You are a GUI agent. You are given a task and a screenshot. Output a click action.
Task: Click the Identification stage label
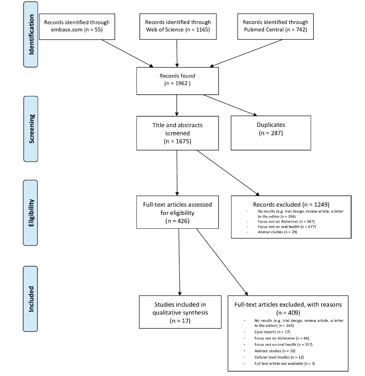pyautogui.click(x=31, y=34)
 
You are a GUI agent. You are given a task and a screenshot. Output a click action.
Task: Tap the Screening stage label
pyautogui.click(x=31, y=129)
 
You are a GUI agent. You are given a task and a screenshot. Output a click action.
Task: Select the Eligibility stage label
pyautogui.click(x=31, y=213)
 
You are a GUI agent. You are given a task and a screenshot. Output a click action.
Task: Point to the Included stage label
pyautogui.click(x=31, y=299)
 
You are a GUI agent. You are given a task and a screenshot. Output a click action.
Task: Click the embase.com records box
pyautogui.click(x=77, y=27)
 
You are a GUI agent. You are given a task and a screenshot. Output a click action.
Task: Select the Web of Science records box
pyautogui.click(x=178, y=26)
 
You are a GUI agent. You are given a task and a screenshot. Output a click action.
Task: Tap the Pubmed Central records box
pyautogui.click(x=275, y=26)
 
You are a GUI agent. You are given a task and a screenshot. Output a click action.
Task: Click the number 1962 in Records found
pyautogui.click(x=181, y=84)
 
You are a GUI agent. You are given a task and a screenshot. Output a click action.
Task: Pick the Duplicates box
pyautogui.click(x=271, y=133)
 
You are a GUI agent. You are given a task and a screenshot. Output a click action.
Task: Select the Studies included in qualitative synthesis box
pyautogui.click(x=180, y=312)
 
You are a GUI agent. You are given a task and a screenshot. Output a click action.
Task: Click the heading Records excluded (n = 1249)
pyautogui.click(x=291, y=205)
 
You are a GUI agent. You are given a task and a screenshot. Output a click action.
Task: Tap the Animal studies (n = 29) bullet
pyautogui.click(x=277, y=232)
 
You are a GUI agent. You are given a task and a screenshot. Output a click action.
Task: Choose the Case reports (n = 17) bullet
pyautogui.click(x=272, y=332)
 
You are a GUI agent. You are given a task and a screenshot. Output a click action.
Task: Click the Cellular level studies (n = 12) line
pyautogui.click(x=279, y=357)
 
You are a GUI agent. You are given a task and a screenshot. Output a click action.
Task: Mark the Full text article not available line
pyautogui.click(x=285, y=364)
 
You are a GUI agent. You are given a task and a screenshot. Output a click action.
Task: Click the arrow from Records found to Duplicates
pyautogui.click(x=230, y=105)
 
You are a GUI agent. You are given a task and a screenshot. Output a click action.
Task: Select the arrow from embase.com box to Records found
pyautogui.click(x=127, y=53)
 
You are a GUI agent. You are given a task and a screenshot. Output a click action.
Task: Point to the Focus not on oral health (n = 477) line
pyautogui.click(x=287, y=227)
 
